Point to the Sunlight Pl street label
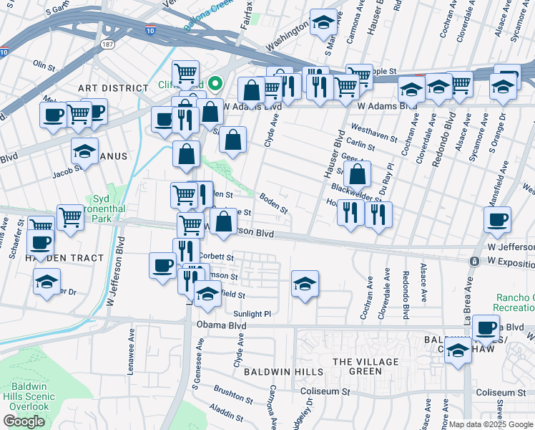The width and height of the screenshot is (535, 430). tap(252, 314)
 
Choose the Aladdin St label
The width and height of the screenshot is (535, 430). tap(227, 414)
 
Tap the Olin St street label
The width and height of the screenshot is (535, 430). tap(44, 66)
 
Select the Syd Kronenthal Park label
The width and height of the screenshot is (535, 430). tap(104, 207)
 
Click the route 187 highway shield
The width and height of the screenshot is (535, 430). tap(108, 44)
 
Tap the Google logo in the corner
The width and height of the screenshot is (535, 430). tap(24, 421)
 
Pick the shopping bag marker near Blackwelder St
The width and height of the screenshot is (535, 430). tap(357, 174)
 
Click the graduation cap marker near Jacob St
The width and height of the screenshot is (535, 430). tap(84, 151)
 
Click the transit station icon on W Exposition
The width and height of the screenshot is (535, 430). tap(473, 262)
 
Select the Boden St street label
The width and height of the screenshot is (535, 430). tap(273, 205)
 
